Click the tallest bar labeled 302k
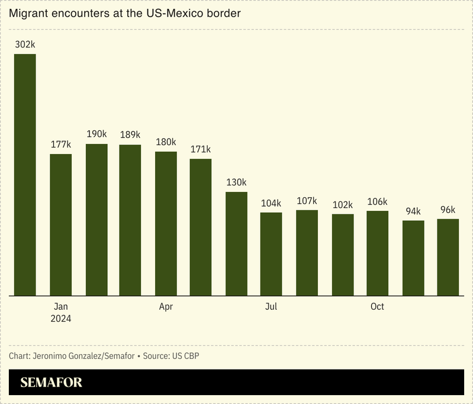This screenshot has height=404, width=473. [25, 175]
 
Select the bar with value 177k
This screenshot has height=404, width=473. [60, 225]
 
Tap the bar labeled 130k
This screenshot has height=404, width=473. [236, 243]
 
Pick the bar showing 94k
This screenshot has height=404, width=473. [413, 258]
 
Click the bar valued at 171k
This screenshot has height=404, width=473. [201, 227]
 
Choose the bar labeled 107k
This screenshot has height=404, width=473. [307, 252]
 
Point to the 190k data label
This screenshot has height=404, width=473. [96, 134]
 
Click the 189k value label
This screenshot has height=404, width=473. [130, 134]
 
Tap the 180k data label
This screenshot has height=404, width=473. [166, 142]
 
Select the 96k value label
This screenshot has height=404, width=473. [448, 210]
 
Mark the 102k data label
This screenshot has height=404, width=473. [342, 204]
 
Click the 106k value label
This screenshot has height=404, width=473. [377, 201]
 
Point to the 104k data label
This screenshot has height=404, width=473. [271, 203]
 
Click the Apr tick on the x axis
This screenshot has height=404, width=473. [166, 306]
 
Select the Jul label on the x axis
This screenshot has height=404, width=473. [271, 306]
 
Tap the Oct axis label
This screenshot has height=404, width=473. [377, 306]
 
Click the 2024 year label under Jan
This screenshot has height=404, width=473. [60, 319]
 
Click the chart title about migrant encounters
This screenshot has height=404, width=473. [125, 13]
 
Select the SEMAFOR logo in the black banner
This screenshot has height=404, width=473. [52, 383]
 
